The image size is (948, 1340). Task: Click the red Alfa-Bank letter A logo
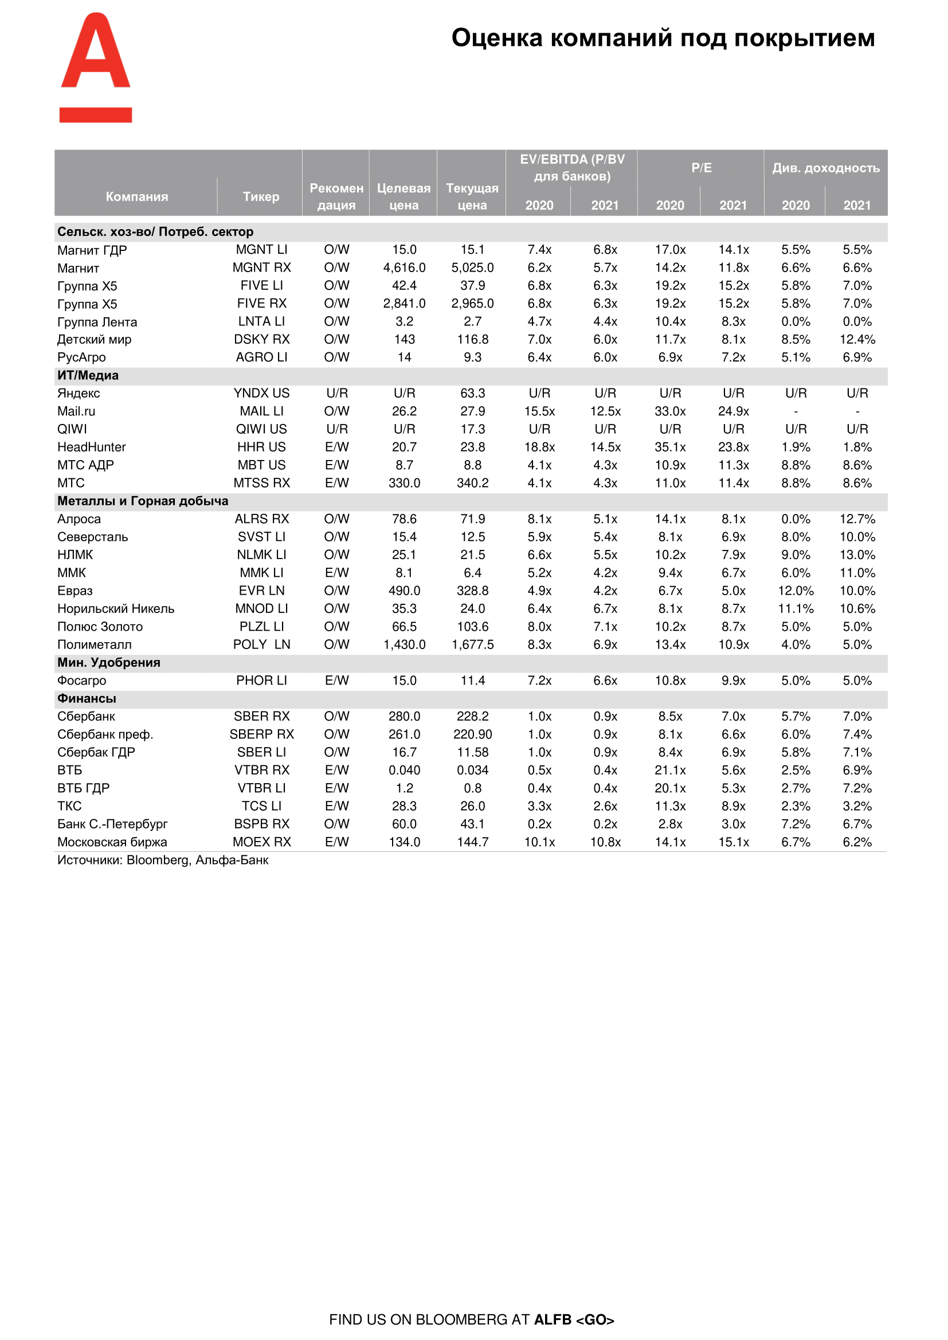click(96, 67)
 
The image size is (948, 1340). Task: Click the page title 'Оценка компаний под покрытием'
click(663, 38)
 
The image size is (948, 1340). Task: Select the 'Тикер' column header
click(261, 197)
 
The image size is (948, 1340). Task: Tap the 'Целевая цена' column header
click(404, 197)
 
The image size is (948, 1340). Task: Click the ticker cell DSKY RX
click(261, 339)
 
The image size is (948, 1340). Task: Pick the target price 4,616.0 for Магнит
click(404, 268)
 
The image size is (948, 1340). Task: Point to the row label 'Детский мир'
click(95, 339)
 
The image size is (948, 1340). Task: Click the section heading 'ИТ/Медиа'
click(88, 375)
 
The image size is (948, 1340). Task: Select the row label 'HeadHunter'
click(92, 447)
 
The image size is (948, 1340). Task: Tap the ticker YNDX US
click(261, 394)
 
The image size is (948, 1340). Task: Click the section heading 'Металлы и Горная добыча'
click(143, 501)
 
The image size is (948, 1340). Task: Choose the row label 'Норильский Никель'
click(116, 609)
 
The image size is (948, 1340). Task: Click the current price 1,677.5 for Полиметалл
click(472, 645)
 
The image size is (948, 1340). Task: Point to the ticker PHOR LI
click(261, 681)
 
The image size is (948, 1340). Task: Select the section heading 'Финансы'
click(87, 698)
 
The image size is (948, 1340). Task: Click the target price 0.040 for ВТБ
click(404, 771)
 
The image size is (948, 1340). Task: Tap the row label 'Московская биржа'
click(112, 842)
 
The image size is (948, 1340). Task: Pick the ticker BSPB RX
click(261, 824)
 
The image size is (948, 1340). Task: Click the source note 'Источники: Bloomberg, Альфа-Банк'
click(163, 860)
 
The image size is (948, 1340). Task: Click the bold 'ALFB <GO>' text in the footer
click(574, 1319)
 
